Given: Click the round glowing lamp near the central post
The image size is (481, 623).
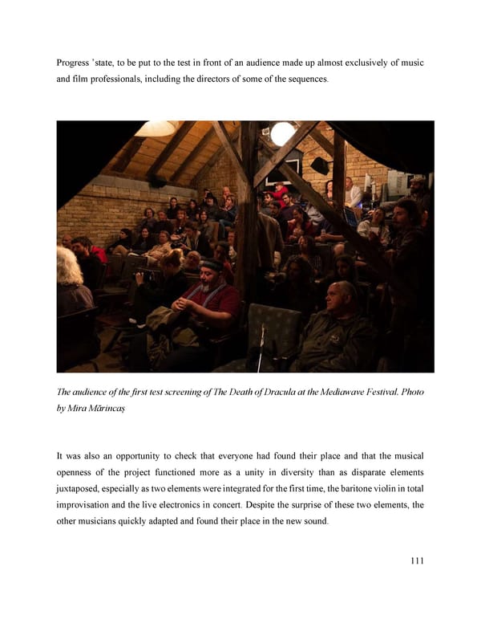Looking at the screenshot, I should pos(282,133).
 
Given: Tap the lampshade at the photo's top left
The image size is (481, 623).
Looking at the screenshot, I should pos(156,128).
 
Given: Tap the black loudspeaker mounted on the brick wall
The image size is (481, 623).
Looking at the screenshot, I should pos(319,165).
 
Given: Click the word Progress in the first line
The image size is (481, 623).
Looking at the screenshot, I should pos(75,63).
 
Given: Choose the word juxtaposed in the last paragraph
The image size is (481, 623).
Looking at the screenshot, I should pos(83,489).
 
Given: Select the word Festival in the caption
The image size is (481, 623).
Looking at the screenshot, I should pos(370,392).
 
